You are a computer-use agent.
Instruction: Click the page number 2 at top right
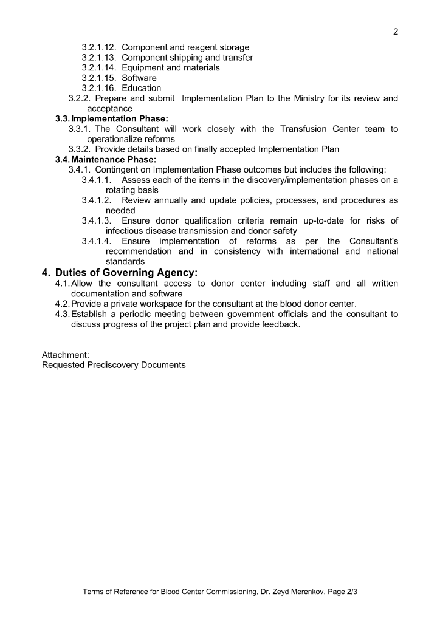point(396,32)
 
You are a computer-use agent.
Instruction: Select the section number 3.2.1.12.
point(99,47)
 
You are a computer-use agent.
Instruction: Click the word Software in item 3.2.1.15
point(139,78)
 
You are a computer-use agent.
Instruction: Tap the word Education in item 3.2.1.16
point(142,88)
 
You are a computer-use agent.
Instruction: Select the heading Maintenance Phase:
point(114,159)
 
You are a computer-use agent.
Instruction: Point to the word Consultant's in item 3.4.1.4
point(374,241)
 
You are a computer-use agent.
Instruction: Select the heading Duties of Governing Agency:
point(127,273)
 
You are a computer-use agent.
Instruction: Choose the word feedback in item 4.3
point(281,324)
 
